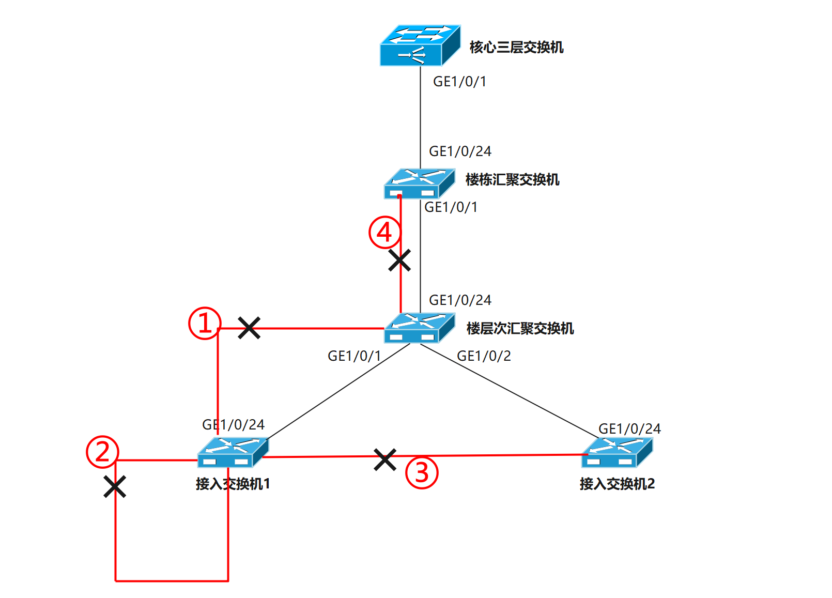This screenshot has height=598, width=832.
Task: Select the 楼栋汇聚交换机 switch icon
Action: pyautogui.click(x=419, y=184)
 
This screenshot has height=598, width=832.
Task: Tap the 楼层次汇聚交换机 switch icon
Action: pyautogui.click(x=419, y=328)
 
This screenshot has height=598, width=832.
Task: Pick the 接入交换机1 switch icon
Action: pyautogui.click(x=233, y=453)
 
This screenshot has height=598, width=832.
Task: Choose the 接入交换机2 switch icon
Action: pyautogui.click(x=617, y=453)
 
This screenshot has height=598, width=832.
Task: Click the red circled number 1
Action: pyautogui.click(x=205, y=324)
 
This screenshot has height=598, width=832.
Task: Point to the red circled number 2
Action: pyautogui.click(x=102, y=452)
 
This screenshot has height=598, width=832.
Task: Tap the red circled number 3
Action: pyautogui.click(x=422, y=472)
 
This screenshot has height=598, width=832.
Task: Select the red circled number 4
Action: pyautogui.click(x=384, y=233)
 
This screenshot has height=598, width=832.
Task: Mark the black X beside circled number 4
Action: pyautogui.click(x=399, y=260)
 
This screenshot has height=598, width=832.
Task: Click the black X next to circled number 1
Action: pyautogui.click(x=249, y=328)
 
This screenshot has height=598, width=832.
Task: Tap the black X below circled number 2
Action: pyautogui.click(x=115, y=486)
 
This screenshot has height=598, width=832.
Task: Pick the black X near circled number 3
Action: pyautogui.click(x=385, y=459)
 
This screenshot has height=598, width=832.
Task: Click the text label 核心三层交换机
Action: pyautogui.click(x=516, y=48)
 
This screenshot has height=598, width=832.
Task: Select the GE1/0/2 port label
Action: pyautogui.click(x=484, y=356)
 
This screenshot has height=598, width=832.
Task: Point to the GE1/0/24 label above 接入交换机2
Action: pyautogui.click(x=629, y=429)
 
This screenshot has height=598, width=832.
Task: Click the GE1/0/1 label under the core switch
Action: pyautogui.click(x=459, y=82)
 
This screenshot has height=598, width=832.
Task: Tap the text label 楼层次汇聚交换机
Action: pyautogui.click(x=520, y=329)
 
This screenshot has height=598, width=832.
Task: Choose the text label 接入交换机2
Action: pyautogui.click(x=617, y=484)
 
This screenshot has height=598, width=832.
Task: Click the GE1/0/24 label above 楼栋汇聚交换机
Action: pyautogui.click(x=460, y=151)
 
